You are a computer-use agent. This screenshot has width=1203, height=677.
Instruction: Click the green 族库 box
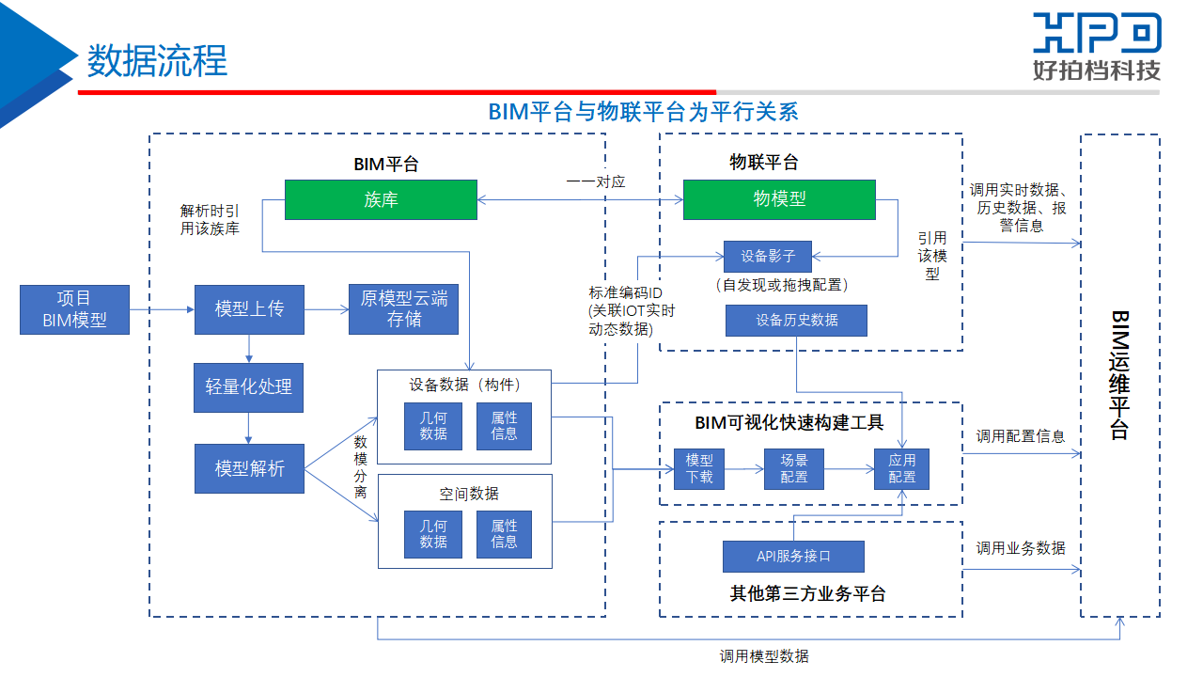(x=381, y=199)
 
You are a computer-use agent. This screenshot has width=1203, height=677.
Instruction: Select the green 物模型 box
(x=779, y=199)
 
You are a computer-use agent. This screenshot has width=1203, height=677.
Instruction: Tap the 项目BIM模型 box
(x=74, y=309)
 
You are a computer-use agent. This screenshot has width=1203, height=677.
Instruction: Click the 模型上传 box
(x=249, y=309)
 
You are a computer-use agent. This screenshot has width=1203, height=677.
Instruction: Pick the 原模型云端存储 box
(x=404, y=309)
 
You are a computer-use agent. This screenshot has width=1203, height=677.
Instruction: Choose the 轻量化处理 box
(x=249, y=387)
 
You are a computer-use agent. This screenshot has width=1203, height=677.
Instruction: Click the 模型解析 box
(x=249, y=468)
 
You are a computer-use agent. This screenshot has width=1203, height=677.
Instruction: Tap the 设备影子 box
(x=767, y=257)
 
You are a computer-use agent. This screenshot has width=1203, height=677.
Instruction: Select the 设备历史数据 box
(x=796, y=321)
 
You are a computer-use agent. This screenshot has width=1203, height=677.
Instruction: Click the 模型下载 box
(x=699, y=468)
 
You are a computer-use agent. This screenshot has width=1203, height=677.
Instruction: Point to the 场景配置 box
(x=793, y=468)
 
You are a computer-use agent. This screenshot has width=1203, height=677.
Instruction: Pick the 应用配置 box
(x=901, y=468)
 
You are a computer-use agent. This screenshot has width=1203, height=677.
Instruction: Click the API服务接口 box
(x=793, y=556)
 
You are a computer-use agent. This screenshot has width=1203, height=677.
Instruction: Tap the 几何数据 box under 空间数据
(x=433, y=534)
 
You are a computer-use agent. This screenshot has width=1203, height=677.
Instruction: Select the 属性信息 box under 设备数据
(x=504, y=426)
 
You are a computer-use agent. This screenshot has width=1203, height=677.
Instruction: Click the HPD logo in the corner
(x=1096, y=45)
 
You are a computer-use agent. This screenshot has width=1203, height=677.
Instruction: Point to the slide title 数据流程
(x=157, y=61)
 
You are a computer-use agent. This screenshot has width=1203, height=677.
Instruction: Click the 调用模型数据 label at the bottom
(x=764, y=656)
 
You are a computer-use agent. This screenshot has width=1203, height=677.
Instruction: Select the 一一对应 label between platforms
(x=596, y=181)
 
